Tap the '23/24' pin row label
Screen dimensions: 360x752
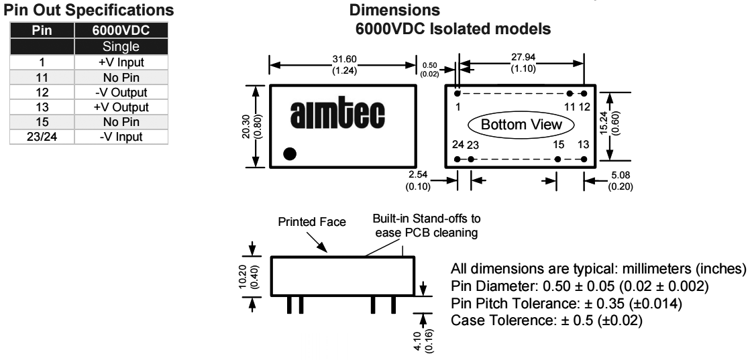(41, 137)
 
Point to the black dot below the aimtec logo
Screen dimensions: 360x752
(290, 154)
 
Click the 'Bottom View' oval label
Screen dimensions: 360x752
(521, 125)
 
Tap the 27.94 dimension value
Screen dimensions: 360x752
(520, 58)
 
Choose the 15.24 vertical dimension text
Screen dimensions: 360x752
(621, 123)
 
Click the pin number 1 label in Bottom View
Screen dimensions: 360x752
(458, 107)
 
